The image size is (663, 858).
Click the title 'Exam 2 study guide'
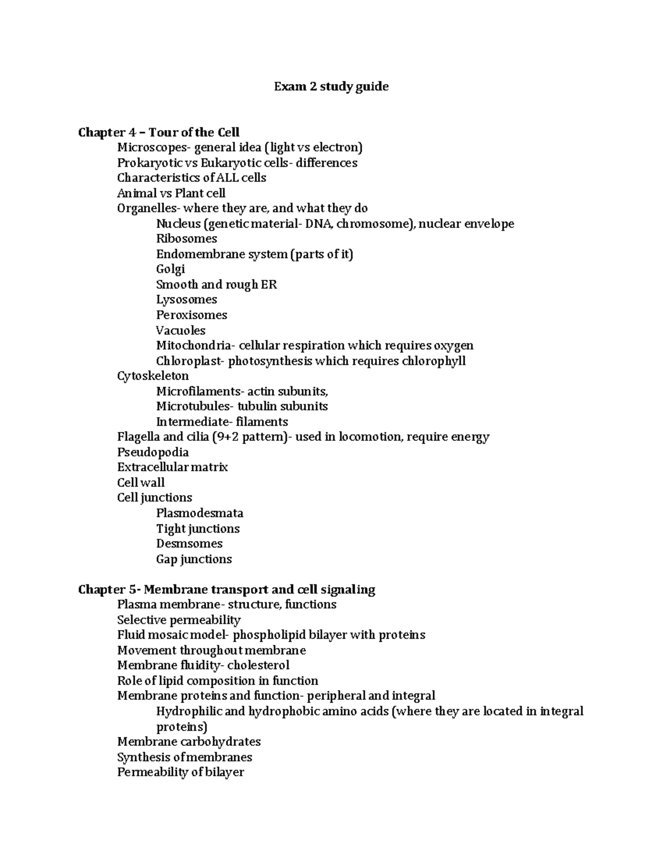(331, 87)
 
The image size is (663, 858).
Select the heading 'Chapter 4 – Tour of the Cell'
(159, 132)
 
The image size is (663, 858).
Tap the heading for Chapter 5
(227, 589)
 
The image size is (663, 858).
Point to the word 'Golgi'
(170, 269)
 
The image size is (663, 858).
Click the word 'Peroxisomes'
(191, 315)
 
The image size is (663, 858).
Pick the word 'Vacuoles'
(181, 330)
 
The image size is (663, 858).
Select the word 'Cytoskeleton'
(152, 376)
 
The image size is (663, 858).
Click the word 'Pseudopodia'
(152, 452)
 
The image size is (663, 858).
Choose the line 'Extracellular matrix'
(172, 467)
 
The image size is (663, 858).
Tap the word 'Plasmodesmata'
(199, 513)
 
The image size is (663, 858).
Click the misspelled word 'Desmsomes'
(189, 544)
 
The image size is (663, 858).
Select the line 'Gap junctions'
(193, 559)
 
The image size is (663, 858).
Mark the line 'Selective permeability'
(178, 620)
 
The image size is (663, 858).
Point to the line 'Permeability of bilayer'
(180, 772)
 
